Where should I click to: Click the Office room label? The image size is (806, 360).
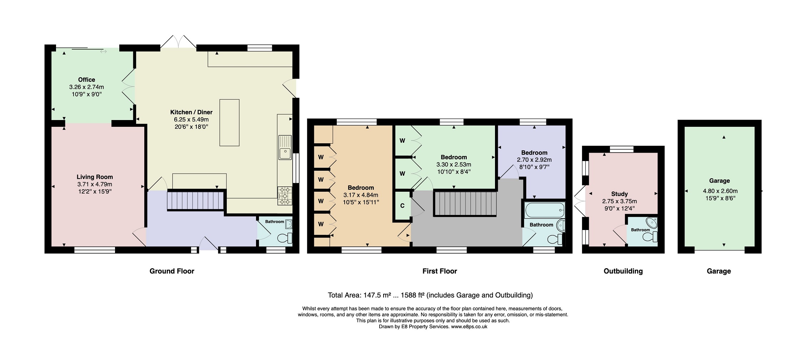point(87,80)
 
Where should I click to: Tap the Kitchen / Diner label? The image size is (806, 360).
point(191,112)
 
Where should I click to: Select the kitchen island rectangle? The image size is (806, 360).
point(229,122)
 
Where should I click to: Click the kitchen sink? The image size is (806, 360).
point(285,147)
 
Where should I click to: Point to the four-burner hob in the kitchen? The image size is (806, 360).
point(285,196)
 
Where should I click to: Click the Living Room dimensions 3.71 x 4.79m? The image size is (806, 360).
point(95,184)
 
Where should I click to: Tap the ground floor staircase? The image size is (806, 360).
point(195,201)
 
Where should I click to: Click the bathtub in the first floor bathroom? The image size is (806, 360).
point(545,210)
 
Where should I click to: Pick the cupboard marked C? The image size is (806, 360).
point(402,206)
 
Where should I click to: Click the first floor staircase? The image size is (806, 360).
point(465,204)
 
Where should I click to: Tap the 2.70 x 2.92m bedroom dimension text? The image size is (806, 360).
point(534,160)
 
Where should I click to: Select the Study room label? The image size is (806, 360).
point(620,194)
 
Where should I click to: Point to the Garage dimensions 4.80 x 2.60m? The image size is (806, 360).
point(720,191)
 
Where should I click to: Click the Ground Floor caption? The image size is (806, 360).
point(172,271)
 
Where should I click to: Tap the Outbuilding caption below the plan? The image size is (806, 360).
point(623,271)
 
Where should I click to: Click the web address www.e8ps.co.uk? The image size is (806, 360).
point(469,326)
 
